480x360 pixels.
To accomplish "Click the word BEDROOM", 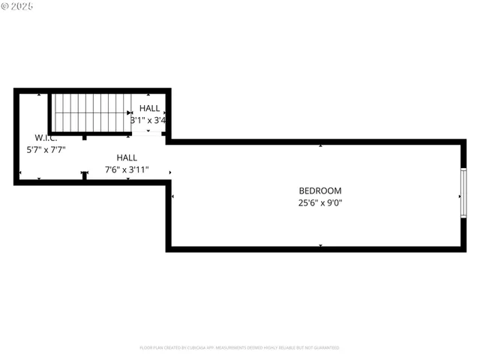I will [x=320, y=190].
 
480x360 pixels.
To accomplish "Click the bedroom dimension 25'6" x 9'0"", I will [x=320, y=202].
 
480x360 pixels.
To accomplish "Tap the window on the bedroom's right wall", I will [x=463, y=193].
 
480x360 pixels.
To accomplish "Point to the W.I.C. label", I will [x=46, y=138].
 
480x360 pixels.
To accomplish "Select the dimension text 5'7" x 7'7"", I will [x=46, y=149].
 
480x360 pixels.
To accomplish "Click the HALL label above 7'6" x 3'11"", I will [x=127, y=157].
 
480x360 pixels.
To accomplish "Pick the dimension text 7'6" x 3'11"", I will [x=127, y=169].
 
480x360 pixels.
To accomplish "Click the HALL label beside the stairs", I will [x=149, y=109].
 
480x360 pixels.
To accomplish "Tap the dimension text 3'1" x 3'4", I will [x=148, y=120].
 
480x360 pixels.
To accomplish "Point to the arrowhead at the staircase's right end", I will [x=130, y=112].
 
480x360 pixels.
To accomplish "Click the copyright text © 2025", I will [x=18, y=7].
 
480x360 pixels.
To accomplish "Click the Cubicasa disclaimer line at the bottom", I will [x=239, y=348].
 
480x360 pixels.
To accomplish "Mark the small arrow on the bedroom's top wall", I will [x=321, y=145].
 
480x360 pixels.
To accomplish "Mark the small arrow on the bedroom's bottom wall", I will [x=321, y=245].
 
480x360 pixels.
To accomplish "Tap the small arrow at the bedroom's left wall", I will [x=173, y=196].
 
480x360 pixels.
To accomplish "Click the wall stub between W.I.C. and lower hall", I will [x=85, y=175].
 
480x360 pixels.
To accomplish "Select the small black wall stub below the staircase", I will [x=85, y=137].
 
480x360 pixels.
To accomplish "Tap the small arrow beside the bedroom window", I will [x=459, y=196].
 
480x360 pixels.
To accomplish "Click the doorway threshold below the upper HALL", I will [x=148, y=133].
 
